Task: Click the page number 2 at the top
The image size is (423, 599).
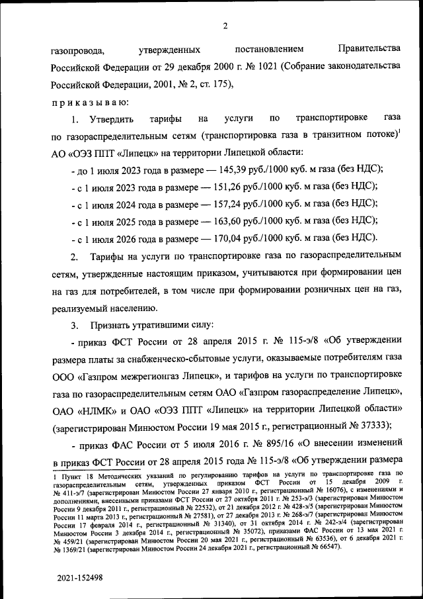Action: pyautogui.click(x=225, y=26)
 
